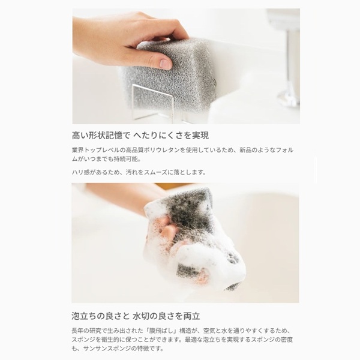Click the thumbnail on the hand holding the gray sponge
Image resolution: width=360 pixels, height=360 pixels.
click(166, 64)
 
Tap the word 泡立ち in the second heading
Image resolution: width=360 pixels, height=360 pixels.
click(84, 316)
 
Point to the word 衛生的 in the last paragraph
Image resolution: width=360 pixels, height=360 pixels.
click(104, 340)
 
